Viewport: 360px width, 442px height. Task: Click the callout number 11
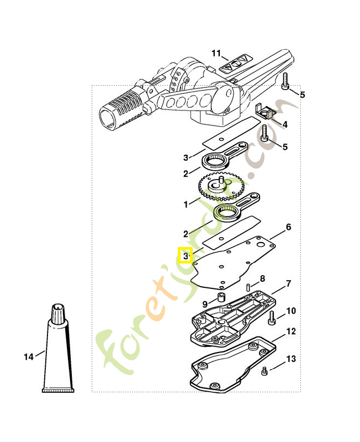(216, 53)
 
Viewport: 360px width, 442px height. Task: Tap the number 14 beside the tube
(29, 357)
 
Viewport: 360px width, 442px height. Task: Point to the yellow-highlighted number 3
(185, 256)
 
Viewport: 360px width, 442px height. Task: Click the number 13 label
(291, 359)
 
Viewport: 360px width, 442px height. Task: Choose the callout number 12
(291, 331)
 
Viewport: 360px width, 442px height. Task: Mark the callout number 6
(288, 227)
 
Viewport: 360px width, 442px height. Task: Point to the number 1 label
(186, 204)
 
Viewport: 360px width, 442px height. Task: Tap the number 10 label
(291, 311)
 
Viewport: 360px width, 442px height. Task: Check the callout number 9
(204, 304)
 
